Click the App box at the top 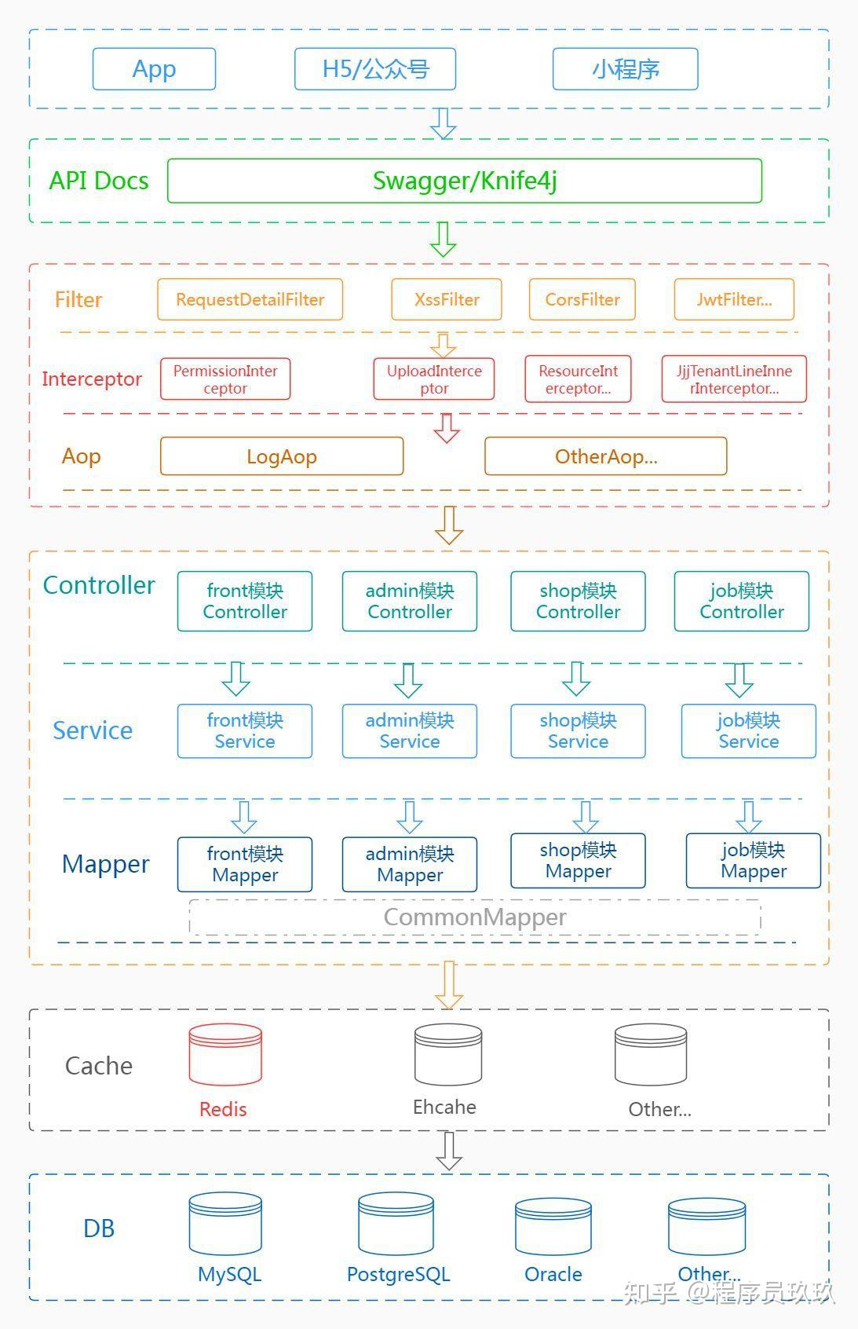[x=154, y=69]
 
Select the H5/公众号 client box [x=375, y=69]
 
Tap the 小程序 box [x=625, y=69]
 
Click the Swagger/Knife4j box [x=465, y=181]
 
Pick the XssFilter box [x=447, y=299]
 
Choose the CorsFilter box [x=582, y=299]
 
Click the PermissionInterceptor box [x=225, y=379]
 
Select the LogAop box [x=281, y=456]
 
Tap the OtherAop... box [x=605, y=456]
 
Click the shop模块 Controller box [x=578, y=601]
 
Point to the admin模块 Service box [x=409, y=730]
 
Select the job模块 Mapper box [x=753, y=861]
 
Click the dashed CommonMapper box [x=475, y=917]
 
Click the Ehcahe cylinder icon [x=448, y=1054]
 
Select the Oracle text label [x=553, y=1274]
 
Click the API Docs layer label [x=99, y=181]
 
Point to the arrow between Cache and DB [x=448, y=1151]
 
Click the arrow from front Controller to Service [x=235, y=678]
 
